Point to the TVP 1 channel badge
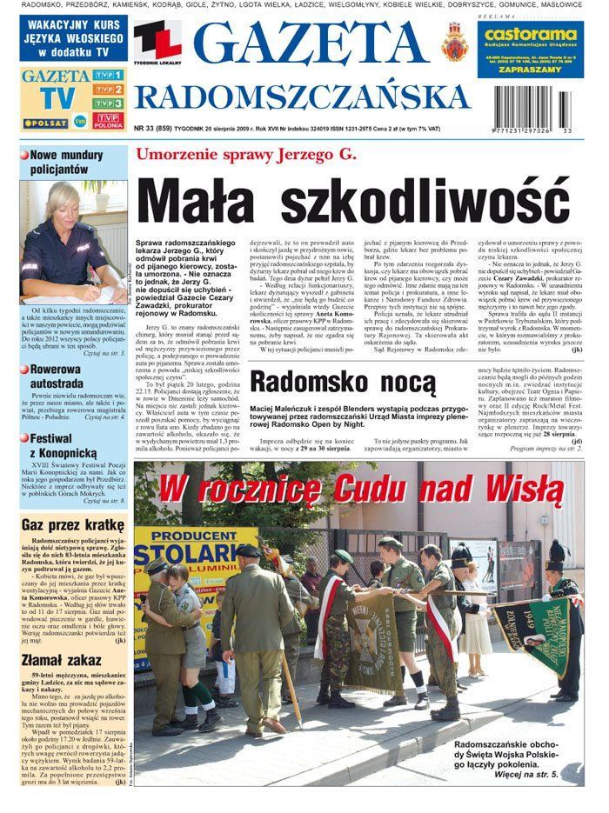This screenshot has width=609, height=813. [108, 76]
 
